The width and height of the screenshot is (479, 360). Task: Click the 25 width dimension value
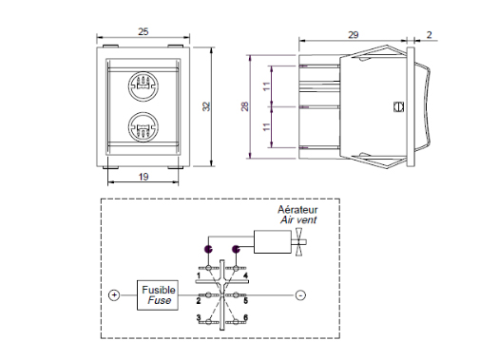tap(144, 31)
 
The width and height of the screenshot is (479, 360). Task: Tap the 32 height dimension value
tap(206, 106)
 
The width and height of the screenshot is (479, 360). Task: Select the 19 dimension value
tap(144, 177)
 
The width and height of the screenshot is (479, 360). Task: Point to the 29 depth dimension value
tap(354, 34)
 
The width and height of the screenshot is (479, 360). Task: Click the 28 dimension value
tap(245, 106)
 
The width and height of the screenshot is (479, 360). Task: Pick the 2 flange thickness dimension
tap(430, 34)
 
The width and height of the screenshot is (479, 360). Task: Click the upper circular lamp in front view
tap(144, 86)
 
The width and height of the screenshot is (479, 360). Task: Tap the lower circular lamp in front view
tap(144, 127)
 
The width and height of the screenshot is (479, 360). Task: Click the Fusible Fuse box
tap(158, 295)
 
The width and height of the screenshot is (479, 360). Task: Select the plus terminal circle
tap(114, 295)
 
